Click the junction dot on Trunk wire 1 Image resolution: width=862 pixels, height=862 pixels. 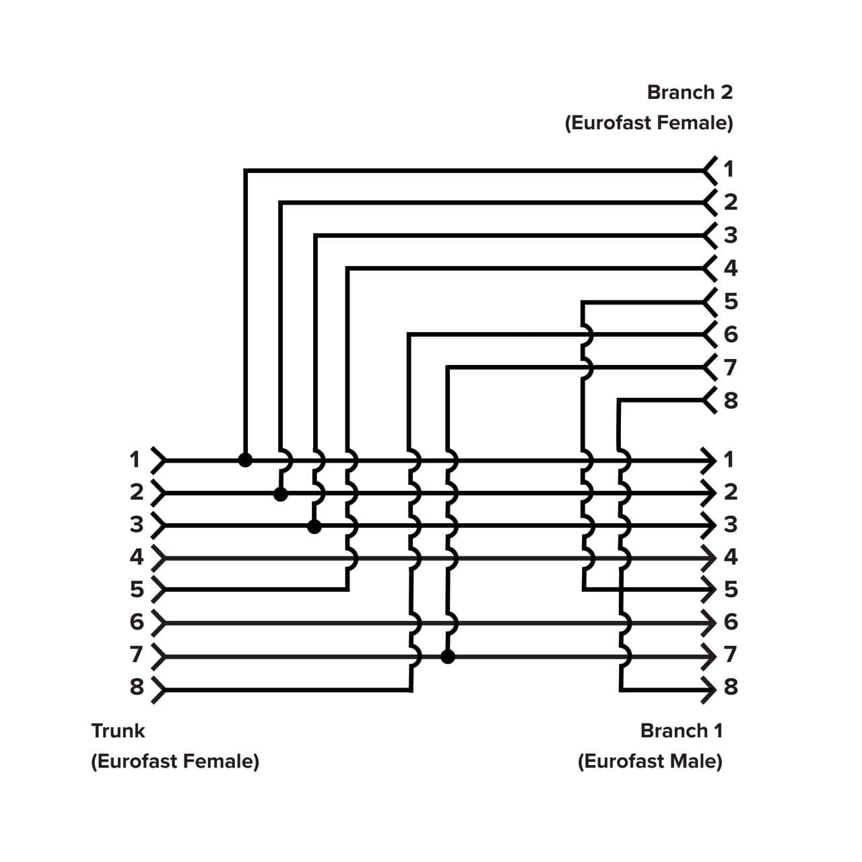coord(246,461)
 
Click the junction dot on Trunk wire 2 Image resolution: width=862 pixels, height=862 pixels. coord(281,494)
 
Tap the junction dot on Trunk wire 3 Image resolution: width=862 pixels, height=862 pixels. coord(314,527)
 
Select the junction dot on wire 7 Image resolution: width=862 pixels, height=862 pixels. coord(448,657)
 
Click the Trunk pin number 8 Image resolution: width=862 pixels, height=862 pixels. coord(137,687)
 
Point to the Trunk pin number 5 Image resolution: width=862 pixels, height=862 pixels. coord(137,590)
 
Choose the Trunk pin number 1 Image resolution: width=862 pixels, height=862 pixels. coord(135,460)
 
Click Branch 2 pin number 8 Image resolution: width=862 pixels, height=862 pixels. coord(731,401)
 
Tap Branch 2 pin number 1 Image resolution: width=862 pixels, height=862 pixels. coord(729,168)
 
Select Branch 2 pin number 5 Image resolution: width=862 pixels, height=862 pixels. coord(731,301)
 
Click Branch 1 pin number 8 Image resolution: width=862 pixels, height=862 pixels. coord(731,687)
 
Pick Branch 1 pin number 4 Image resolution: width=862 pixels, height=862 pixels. coord(731,557)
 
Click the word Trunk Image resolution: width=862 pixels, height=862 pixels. coord(118,731)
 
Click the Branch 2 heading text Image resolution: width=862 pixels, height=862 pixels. coord(690,92)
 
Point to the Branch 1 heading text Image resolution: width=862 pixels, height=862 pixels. coord(681,731)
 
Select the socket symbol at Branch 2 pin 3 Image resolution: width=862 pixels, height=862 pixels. coord(709,235)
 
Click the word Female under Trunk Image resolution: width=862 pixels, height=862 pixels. coord(219,762)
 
